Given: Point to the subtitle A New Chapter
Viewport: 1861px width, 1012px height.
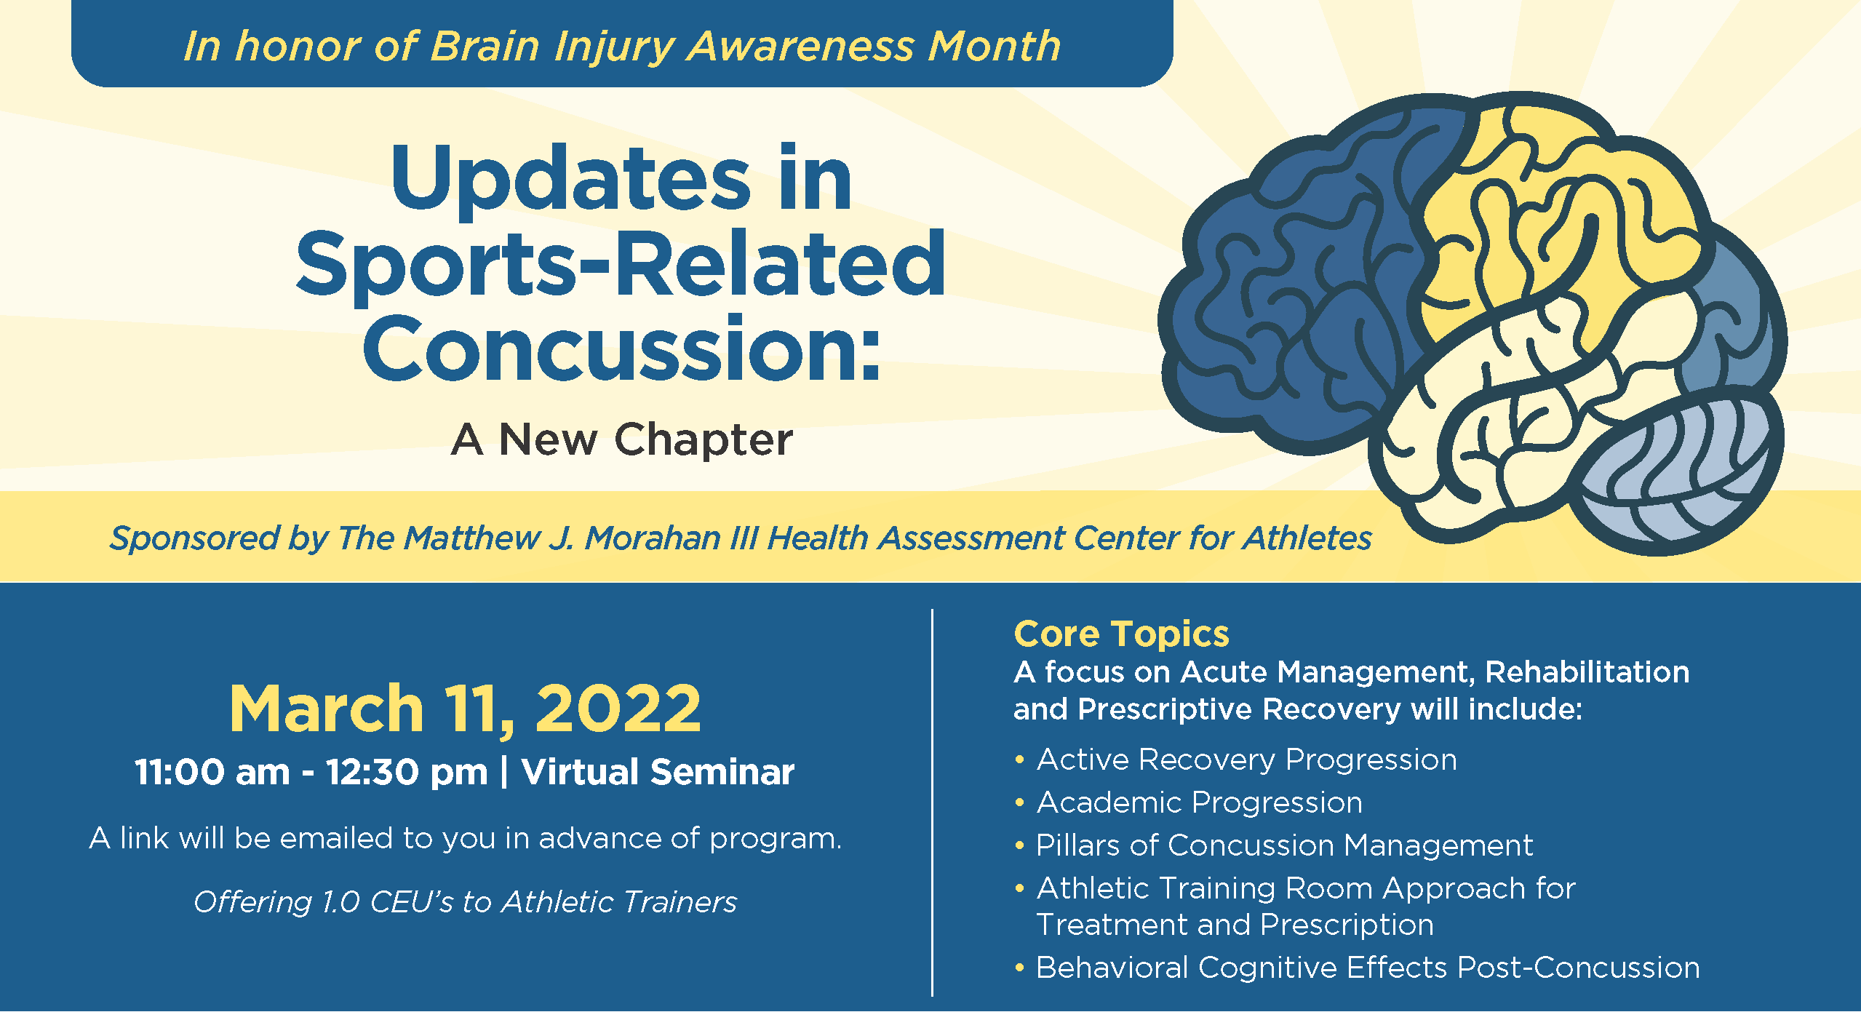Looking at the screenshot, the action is click(622, 439).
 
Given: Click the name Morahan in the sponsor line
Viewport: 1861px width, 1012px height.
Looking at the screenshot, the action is click(653, 538).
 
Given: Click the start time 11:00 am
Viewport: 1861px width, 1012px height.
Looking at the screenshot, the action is click(212, 772).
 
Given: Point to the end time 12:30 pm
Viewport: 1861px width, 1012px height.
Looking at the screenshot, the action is click(407, 772).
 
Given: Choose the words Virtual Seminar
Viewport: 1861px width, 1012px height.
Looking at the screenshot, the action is click(658, 772).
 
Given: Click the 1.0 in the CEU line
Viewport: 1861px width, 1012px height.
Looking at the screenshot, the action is click(340, 902).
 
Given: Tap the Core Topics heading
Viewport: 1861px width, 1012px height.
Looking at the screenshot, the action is click(1121, 634).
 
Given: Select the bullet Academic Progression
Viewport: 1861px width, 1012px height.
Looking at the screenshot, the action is click(1200, 802).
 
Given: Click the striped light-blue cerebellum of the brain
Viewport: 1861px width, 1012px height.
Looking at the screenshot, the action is click(1681, 477).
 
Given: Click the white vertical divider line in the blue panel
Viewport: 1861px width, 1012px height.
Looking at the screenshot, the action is click(932, 802).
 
